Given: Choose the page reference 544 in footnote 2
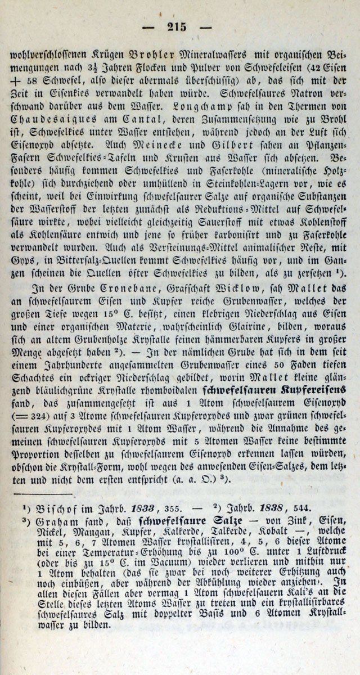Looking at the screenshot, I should (299, 507).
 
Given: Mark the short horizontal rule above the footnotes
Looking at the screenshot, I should (46, 493).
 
